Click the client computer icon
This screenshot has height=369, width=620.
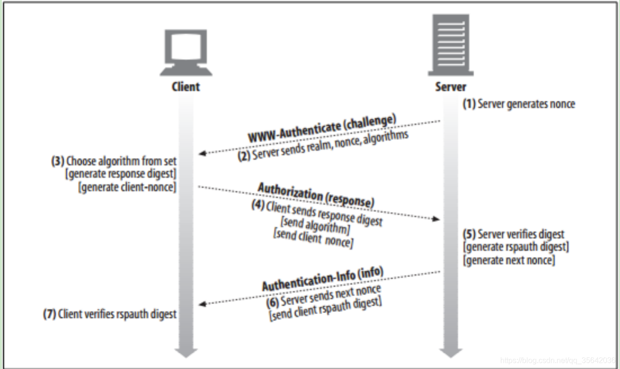pyautogui.click(x=186, y=52)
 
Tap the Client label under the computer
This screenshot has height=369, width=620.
pyautogui.click(x=186, y=87)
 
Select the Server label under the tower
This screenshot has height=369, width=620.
pyautogui.click(x=451, y=87)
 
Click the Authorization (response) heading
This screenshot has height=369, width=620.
pyautogui.click(x=316, y=195)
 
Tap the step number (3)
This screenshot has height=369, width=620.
pyautogui.click(x=57, y=160)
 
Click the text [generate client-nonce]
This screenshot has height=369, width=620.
pyautogui.click(x=126, y=187)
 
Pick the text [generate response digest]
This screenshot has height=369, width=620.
pyautogui.click(x=121, y=174)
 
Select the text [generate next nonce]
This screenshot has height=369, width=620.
pyautogui.click(x=509, y=260)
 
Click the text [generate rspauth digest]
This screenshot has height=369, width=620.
pyautogui.click(x=516, y=247)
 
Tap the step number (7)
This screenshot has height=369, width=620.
pyautogui.click(x=49, y=314)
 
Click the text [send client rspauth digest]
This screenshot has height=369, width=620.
pyautogui.click(x=325, y=309)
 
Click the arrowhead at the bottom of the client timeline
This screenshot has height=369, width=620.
pyautogui.click(x=186, y=352)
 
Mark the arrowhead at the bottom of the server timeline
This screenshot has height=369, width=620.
pyautogui.click(x=451, y=352)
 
